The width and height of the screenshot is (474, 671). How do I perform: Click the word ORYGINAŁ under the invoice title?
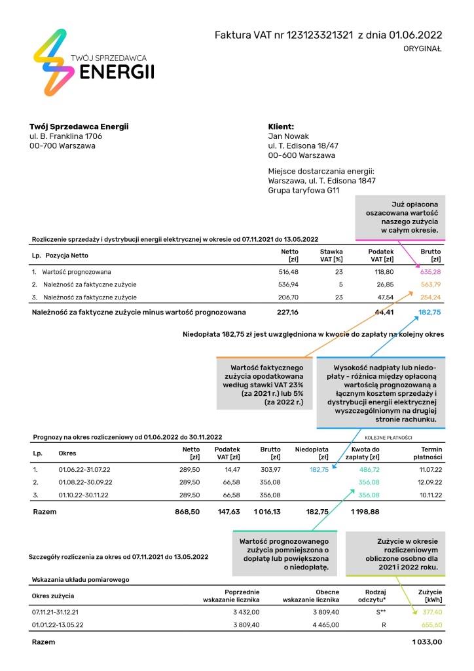[x=423, y=48]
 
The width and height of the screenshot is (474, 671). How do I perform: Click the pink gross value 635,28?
[x=429, y=271]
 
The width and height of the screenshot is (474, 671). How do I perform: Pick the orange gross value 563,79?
[x=429, y=284]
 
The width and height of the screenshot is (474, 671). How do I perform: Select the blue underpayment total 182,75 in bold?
[x=429, y=313]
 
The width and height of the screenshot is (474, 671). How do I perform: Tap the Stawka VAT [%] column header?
[x=331, y=256]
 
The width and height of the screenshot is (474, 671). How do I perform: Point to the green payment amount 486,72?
[x=369, y=470]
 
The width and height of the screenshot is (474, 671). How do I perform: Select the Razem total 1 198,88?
[x=365, y=511]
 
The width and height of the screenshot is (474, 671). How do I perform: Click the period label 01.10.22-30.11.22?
[x=84, y=495]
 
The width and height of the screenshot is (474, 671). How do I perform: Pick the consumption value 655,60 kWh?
[x=430, y=625]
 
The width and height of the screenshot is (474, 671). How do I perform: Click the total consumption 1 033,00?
[x=428, y=643]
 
